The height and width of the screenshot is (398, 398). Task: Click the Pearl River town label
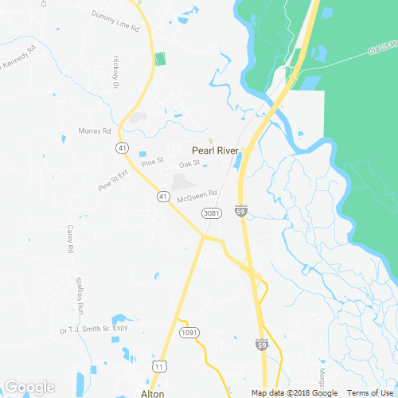click(x=215, y=149)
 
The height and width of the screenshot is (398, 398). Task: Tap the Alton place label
click(x=152, y=393)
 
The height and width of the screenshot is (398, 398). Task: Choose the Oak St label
click(x=189, y=164)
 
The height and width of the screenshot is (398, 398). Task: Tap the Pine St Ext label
click(x=112, y=181)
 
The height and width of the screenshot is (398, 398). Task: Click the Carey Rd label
click(x=70, y=239)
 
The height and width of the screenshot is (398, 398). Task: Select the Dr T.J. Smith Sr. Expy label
click(x=94, y=329)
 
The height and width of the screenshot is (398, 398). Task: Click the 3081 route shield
click(x=211, y=213)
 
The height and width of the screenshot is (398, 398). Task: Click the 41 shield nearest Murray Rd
click(x=122, y=148)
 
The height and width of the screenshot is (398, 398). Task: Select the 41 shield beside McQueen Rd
click(x=162, y=196)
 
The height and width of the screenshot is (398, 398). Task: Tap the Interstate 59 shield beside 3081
click(x=240, y=211)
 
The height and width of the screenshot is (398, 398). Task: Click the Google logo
click(x=29, y=387)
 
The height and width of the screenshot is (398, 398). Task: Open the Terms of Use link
click(x=372, y=392)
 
